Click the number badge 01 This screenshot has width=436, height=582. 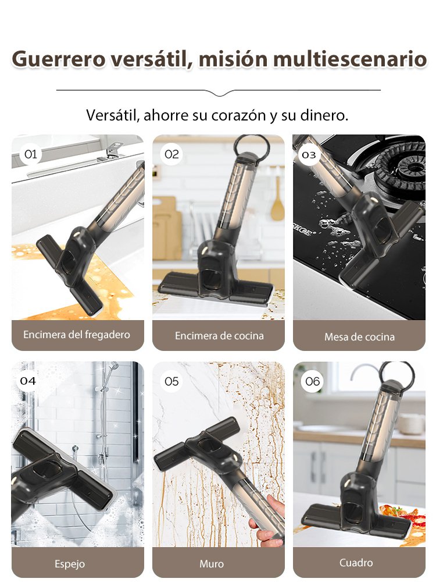click(x=31, y=154)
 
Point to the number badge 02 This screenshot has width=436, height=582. click(x=171, y=154)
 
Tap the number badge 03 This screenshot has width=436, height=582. click(x=309, y=154)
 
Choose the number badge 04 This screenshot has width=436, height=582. click(x=28, y=381)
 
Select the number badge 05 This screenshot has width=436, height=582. click(x=171, y=381)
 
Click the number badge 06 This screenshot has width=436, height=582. click(x=313, y=381)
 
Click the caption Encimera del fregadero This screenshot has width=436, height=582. click(x=77, y=335)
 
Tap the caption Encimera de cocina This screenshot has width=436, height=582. click(x=219, y=336)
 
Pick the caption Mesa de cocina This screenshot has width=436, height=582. click(x=359, y=336)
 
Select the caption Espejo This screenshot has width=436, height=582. click(x=70, y=563)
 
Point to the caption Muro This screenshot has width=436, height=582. click(x=212, y=563)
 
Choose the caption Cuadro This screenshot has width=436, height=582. click(x=356, y=563)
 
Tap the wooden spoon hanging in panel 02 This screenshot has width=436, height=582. click(x=278, y=201)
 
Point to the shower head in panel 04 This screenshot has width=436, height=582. click(x=114, y=367)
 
